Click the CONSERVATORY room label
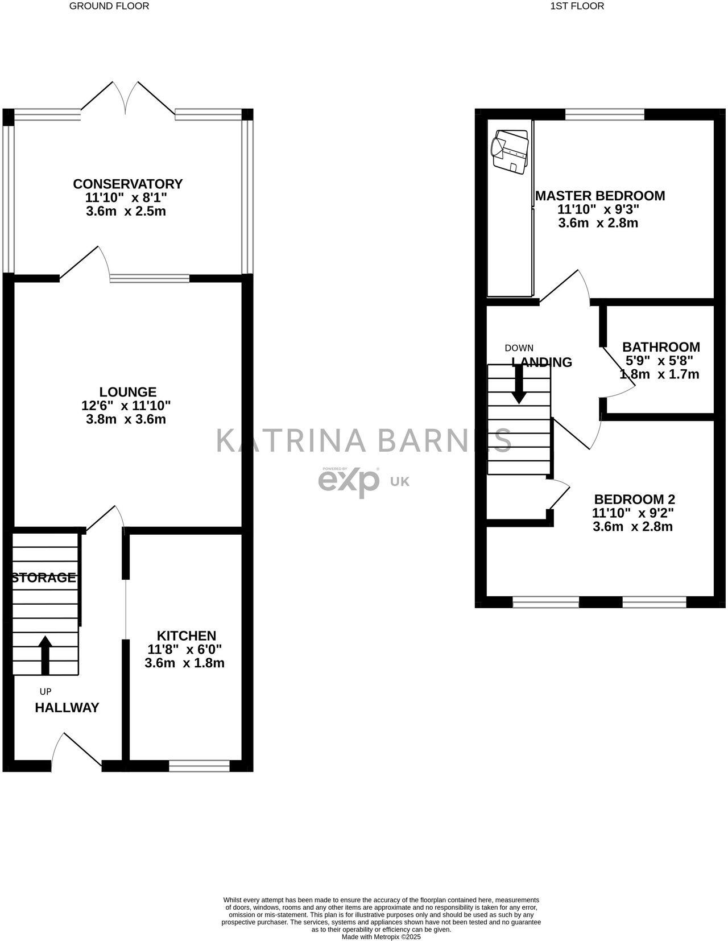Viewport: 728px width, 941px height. pyautogui.click(x=127, y=184)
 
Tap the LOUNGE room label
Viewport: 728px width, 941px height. pyautogui.click(x=127, y=392)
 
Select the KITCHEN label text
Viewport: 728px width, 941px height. pyautogui.click(x=187, y=636)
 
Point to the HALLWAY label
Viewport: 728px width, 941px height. pyautogui.click(x=67, y=708)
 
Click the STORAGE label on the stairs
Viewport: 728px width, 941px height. pyautogui.click(x=44, y=578)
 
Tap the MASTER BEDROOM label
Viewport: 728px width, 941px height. pyautogui.click(x=600, y=196)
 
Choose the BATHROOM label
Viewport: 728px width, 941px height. pyautogui.click(x=661, y=347)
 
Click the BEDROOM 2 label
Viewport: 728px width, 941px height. pyautogui.click(x=634, y=500)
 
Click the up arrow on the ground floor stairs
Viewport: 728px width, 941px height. pyautogui.click(x=45, y=654)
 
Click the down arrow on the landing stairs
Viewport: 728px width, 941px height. pyautogui.click(x=519, y=385)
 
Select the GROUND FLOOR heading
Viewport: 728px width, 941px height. pyautogui.click(x=109, y=6)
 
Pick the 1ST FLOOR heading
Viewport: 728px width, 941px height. pyautogui.click(x=577, y=6)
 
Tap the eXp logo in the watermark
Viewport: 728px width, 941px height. pyautogui.click(x=349, y=481)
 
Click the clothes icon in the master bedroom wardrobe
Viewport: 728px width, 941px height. pyautogui.click(x=510, y=151)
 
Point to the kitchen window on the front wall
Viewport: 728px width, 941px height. pyautogui.click(x=199, y=766)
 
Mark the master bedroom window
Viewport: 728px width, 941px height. pyautogui.click(x=605, y=114)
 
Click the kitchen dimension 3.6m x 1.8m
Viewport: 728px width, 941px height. pyautogui.click(x=185, y=663)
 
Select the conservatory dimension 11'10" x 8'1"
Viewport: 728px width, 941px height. pyautogui.click(x=126, y=198)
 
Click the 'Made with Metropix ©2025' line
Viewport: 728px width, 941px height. pyautogui.click(x=381, y=936)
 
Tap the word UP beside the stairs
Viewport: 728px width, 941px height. pyautogui.click(x=45, y=692)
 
